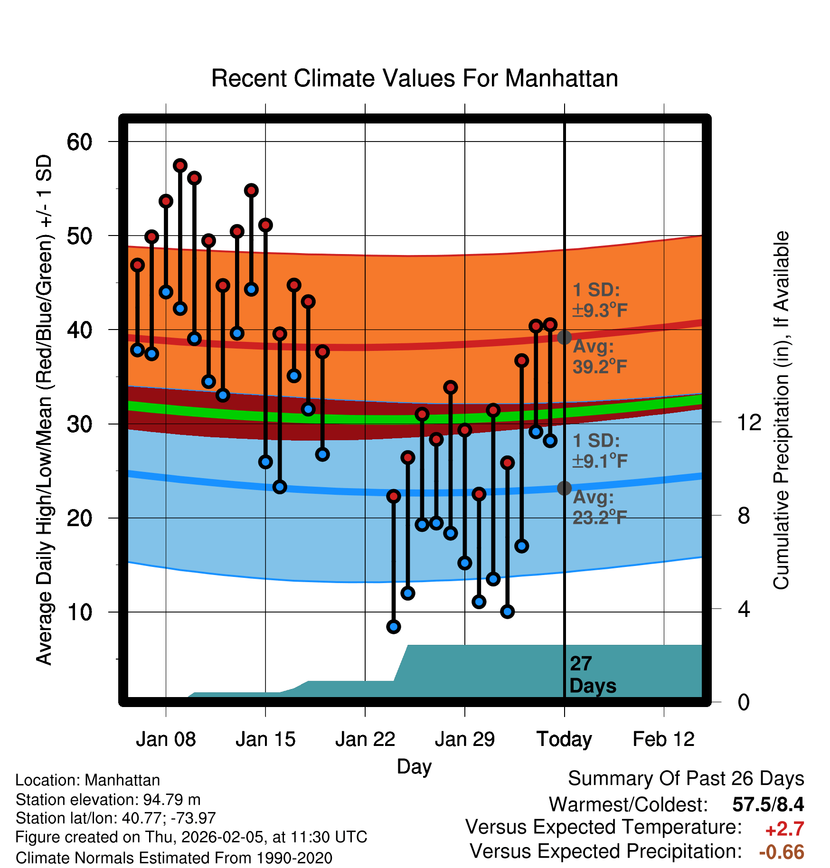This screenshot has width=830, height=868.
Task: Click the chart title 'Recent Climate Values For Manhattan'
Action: (415, 78)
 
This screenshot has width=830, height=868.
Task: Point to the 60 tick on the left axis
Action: (79, 142)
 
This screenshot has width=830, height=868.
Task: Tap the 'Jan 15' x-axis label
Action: (265, 739)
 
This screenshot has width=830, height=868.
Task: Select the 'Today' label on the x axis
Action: (564, 739)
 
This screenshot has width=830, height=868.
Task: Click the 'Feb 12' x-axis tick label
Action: (663, 739)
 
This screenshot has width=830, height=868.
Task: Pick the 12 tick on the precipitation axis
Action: (749, 422)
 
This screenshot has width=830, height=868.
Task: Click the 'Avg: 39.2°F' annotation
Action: (600, 357)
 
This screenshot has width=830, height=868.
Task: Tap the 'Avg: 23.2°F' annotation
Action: (600, 507)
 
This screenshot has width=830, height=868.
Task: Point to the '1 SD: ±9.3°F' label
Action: (600, 300)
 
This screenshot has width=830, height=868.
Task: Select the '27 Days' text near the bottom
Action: (592, 675)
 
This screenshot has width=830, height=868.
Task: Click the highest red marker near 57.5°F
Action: (180, 166)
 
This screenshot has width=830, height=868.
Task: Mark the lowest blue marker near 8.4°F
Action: (393, 627)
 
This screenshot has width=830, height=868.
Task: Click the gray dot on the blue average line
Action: (564, 488)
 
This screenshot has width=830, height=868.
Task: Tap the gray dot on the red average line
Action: (564, 338)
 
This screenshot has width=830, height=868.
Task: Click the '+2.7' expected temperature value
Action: (784, 829)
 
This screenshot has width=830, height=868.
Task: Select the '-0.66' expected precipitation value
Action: (782, 852)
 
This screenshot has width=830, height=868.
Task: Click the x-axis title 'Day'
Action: (414, 766)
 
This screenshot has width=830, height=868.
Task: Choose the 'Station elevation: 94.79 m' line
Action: (108, 800)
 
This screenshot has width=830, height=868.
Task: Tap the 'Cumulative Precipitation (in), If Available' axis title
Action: (781, 410)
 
